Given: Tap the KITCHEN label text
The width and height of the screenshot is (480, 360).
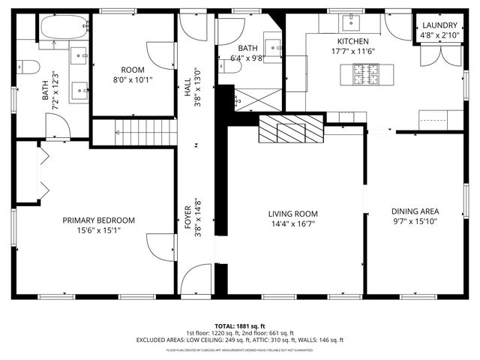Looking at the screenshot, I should [x=352, y=41].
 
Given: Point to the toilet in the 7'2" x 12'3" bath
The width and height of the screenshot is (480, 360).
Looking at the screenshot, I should [x=28, y=67].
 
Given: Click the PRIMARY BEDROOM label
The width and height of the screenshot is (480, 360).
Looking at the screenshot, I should [x=98, y=220].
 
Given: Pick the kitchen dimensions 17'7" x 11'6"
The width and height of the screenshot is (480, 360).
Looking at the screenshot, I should [x=352, y=51].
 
